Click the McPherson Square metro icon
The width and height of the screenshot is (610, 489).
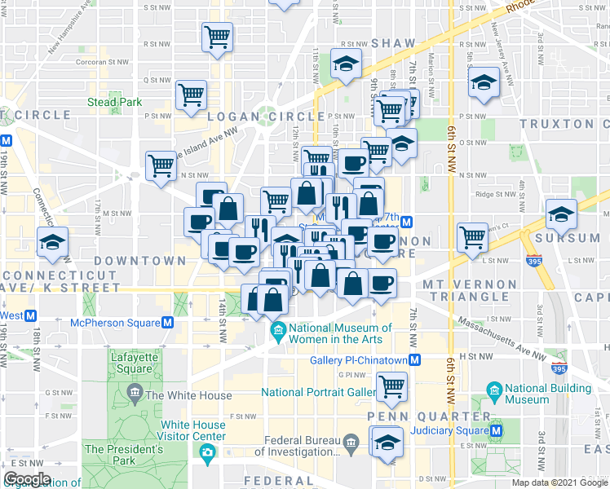167,322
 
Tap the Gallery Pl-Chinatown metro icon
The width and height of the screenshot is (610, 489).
415,360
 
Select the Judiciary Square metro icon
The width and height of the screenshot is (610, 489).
498,430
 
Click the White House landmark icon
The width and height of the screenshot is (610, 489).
134,396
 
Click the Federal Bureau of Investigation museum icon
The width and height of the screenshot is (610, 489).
351,444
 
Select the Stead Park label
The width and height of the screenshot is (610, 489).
115,102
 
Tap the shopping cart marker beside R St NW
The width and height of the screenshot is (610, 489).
218,36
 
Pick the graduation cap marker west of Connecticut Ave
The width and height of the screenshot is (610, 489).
53,242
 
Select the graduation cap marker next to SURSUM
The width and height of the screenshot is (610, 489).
561,214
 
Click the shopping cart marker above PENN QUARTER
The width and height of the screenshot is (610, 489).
392,385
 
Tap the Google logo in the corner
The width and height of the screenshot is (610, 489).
28,479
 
